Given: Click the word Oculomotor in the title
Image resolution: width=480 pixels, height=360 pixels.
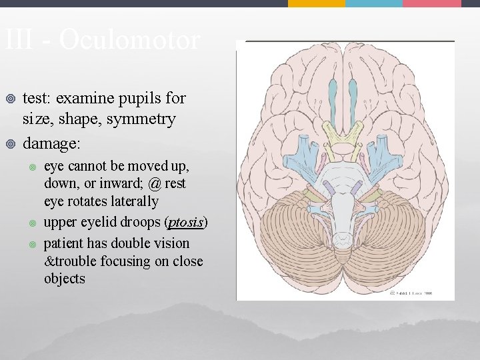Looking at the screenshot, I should click(129, 40).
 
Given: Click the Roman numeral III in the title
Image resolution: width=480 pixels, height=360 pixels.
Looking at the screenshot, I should click(19, 40).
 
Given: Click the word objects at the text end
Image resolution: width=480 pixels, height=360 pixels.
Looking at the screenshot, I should click(65, 279).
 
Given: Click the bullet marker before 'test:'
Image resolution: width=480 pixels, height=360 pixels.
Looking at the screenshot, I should click(9, 99).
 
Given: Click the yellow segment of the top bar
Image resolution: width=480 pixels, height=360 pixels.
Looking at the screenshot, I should click(316, 3).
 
